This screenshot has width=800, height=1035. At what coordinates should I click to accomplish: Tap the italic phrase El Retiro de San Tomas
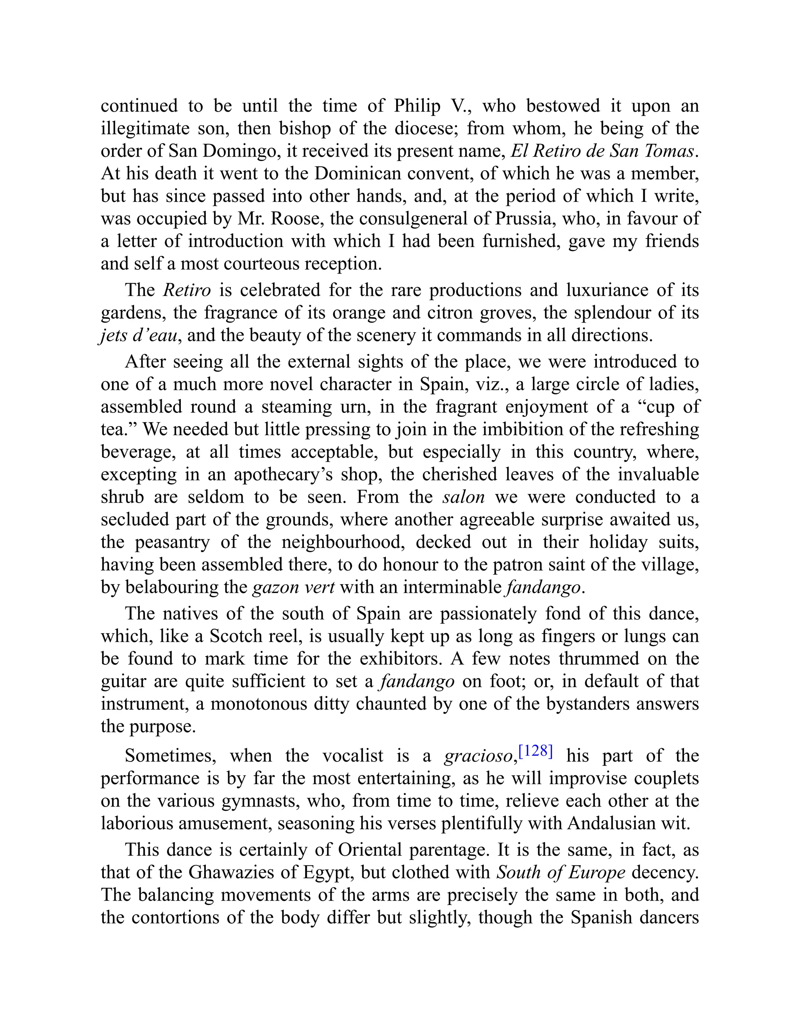pyautogui.click(x=602, y=151)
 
